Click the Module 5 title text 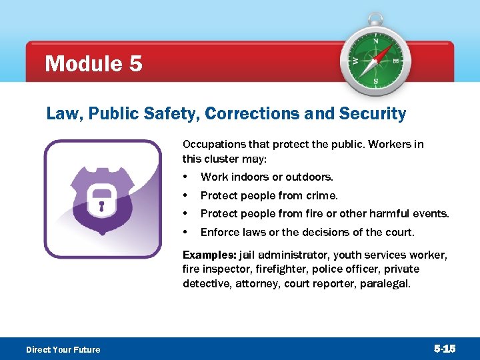(93, 64)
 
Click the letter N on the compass (375, 41)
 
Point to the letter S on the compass (375, 82)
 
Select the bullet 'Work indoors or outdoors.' (267, 177)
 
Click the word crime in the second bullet (323, 195)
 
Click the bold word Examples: (205, 255)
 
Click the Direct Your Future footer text (63, 349)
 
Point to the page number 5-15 (445, 349)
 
